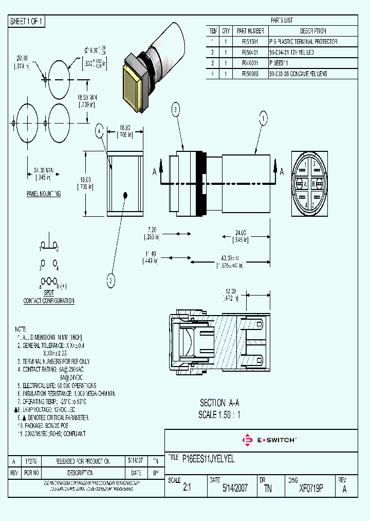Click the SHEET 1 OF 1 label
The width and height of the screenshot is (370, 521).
click(x=27, y=21)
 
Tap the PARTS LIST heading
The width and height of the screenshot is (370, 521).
click(x=281, y=21)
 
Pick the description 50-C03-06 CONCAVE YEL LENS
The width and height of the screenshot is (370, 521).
click(x=298, y=74)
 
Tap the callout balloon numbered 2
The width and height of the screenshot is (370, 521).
click(x=110, y=281)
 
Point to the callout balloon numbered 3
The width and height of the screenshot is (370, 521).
click(x=176, y=109)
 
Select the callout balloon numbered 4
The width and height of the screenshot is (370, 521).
click(x=100, y=132)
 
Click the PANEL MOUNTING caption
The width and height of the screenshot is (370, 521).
click(x=44, y=194)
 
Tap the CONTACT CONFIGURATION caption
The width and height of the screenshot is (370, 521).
click(x=49, y=301)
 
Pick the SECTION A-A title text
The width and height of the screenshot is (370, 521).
click(x=219, y=403)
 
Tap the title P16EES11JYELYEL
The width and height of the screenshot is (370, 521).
click(x=209, y=459)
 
